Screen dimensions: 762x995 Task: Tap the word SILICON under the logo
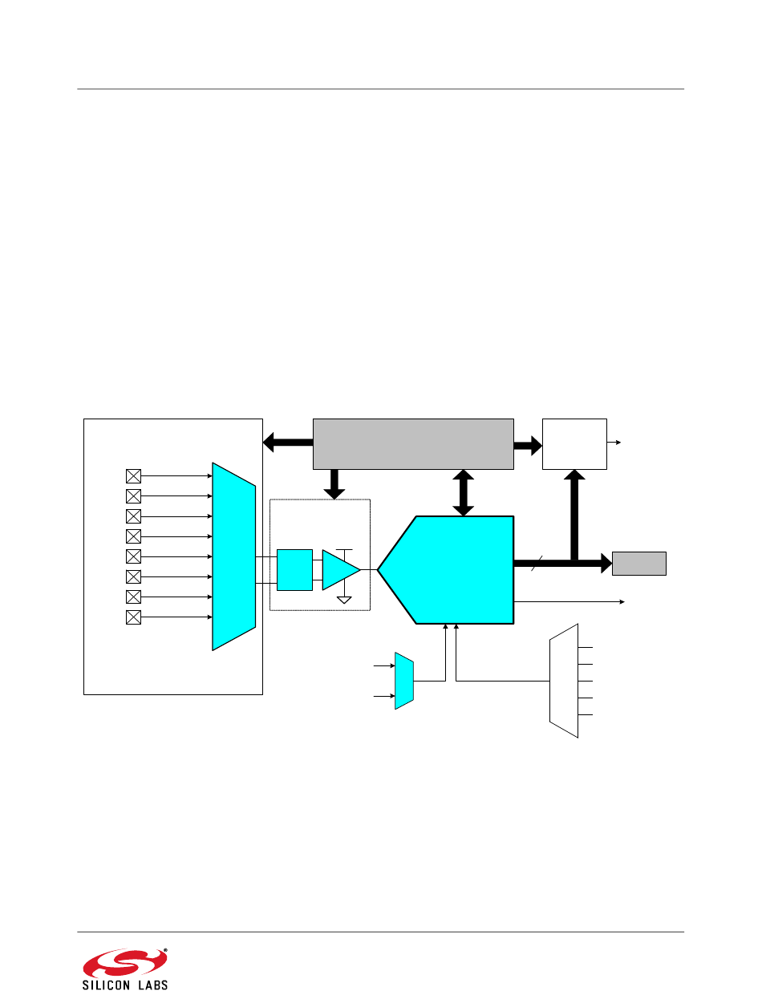pos(105,985)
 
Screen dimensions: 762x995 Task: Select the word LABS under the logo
pos(153,985)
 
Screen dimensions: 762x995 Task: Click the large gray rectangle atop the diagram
pos(413,443)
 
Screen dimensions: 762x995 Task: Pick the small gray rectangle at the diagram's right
pos(638,563)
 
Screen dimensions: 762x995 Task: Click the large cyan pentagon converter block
pos(445,569)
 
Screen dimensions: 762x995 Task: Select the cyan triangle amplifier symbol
pos(341,569)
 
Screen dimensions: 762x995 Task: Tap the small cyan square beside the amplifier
pos(294,569)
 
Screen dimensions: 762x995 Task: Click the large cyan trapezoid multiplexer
pos(233,556)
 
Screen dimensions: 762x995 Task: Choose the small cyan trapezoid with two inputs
pos(404,681)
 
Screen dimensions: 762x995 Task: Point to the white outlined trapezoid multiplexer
pos(563,681)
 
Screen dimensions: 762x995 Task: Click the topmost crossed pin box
pos(133,476)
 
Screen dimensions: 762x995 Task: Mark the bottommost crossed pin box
pos(133,617)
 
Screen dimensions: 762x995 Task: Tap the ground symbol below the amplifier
pos(344,600)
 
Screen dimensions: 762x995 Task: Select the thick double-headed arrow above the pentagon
pos(463,493)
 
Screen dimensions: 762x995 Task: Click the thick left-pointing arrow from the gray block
pos(288,443)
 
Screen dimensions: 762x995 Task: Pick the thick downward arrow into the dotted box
pos(334,484)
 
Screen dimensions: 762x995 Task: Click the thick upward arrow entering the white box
pos(574,515)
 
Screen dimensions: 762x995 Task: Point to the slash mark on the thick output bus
pos(537,563)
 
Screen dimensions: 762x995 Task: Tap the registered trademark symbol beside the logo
pos(165,951)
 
